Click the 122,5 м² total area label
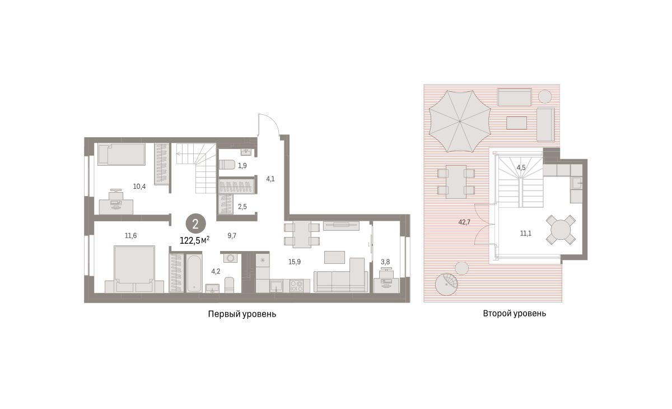coord(194,240)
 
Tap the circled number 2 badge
coord(195,224)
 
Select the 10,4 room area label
coord(139,187)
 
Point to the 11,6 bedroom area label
coord(131,236)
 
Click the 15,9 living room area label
coord(295,262)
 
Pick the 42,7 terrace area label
coord(464,222)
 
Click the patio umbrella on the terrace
coord(460,121)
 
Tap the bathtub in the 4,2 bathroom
coord(194,273)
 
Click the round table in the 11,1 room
coord(561,230)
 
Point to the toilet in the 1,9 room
coord(227,165)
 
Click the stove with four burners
coord(296,286)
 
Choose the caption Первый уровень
coord(242,314)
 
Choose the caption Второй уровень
coord(514,314)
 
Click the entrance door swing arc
coord(272,119)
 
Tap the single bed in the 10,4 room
coord(122,154)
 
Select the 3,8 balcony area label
coord(385,262)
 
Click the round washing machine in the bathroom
coord(230,258)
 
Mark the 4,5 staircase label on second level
coord(521,168)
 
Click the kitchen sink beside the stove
coord(276,286)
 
